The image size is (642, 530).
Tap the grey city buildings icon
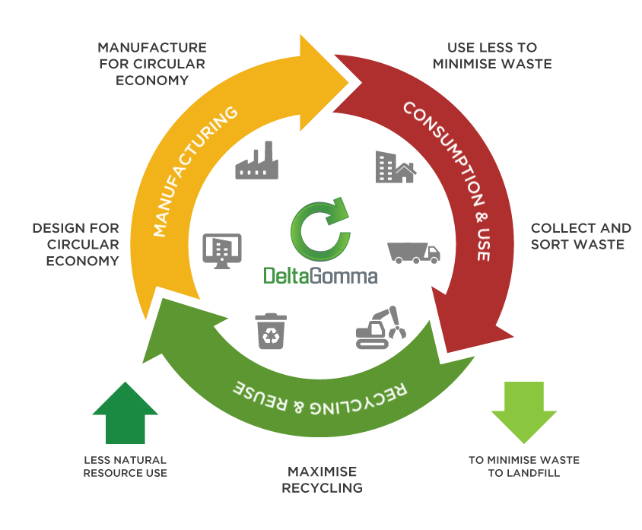[x=395, y=167]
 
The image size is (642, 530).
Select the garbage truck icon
[x=413, y=252]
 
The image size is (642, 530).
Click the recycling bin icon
[x=271, y=329]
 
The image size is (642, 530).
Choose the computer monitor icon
[x=222, y=252]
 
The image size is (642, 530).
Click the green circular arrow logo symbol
[x=320, y=230]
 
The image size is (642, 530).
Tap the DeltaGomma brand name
[x=320, y=275]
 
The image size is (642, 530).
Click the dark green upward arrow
[x=125, y=411]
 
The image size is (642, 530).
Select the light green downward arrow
[x=519, y=411]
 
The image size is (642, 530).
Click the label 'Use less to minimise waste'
[x=492, y=56]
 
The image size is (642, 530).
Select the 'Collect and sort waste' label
[x=580, y=236]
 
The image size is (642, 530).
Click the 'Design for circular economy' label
[x=75, y=244]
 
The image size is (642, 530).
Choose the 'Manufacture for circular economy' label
[x=152, y=63]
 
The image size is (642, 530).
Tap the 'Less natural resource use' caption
[x=126, y=466]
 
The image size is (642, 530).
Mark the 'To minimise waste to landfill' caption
[x=523, y=466]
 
